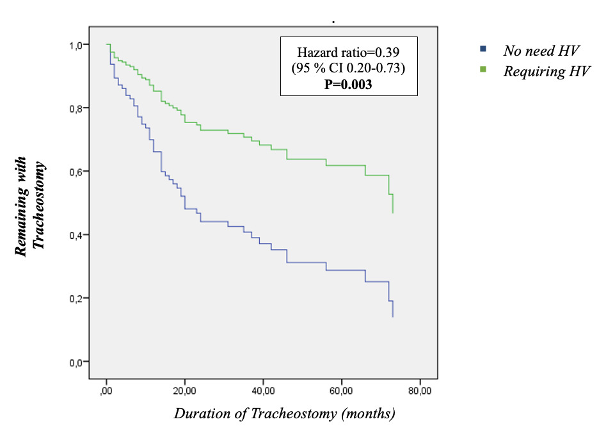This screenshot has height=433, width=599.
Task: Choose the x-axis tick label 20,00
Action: [184, 389]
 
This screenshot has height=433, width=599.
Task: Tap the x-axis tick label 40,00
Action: [263, 389]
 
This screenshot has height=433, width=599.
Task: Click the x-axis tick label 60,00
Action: [341, 389]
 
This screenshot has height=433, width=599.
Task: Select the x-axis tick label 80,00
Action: [420, 389]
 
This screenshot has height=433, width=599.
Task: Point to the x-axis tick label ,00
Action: [106, 389]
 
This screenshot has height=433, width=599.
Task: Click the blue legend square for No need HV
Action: [484, 49]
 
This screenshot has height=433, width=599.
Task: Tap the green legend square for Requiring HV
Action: [484, 69]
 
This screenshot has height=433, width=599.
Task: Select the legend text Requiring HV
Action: [547, 71]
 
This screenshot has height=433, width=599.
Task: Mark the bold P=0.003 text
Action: [348, 83]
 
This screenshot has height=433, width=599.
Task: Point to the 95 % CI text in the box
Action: [348, 69]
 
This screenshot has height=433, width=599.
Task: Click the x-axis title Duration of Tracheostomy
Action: [285, 413]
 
